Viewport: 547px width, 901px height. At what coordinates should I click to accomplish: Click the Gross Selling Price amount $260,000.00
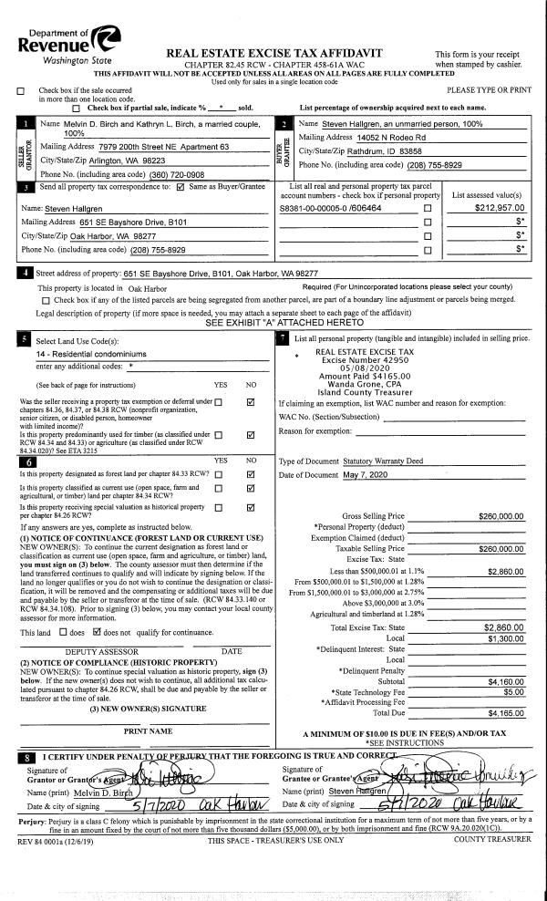pos(501,515)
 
